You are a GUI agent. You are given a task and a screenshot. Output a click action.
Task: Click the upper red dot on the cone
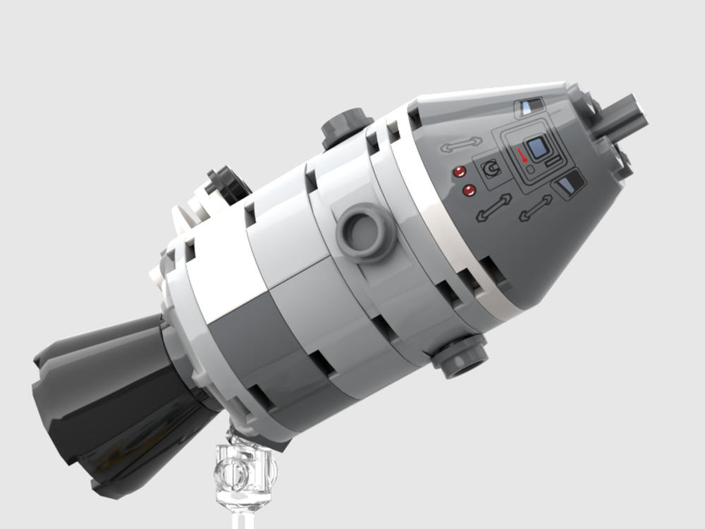[x=460, y=171]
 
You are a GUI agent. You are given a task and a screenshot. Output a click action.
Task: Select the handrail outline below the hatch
[x=536, y=208]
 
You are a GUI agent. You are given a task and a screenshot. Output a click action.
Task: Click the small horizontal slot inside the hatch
[x=553, y=163]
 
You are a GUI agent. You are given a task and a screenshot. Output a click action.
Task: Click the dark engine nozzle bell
[x=106, y=402]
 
